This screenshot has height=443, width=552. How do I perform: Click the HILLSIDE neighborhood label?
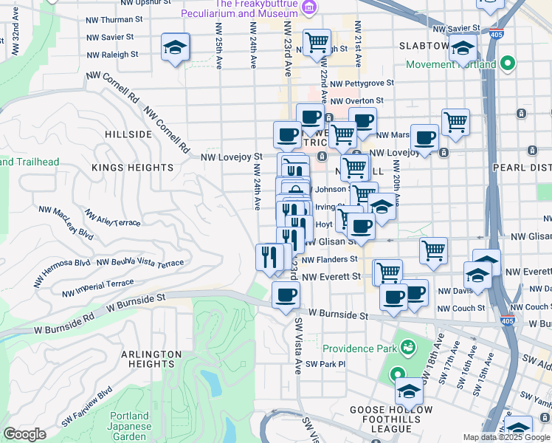pos(128,134)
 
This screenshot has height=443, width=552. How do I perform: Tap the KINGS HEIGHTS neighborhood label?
pos(133,168)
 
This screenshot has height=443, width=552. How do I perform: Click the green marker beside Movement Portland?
pos(507,64)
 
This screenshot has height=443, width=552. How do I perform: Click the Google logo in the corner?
pos(24,434)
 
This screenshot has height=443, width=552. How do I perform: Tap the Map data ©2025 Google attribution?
pos(506,437)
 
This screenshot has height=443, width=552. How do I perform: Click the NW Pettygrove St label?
pos(362,83)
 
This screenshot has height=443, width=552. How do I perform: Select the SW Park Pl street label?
pos(325,364)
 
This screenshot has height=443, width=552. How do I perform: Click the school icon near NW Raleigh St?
pos(176,48)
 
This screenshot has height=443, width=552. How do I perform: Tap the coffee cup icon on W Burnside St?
pos(286,295)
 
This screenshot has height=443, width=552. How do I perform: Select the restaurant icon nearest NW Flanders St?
pos(269,257)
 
